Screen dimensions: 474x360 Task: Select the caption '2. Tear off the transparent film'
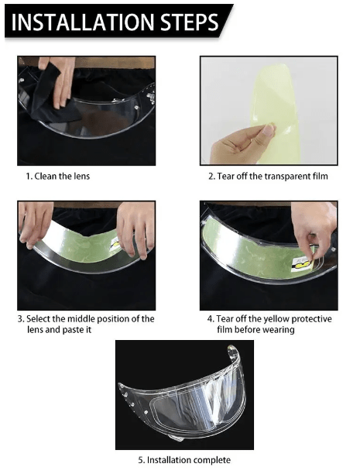[x=268, y=176]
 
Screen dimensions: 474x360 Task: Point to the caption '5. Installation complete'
[x=184, y=460]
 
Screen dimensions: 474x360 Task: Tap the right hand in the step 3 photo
[x=135, y=229]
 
